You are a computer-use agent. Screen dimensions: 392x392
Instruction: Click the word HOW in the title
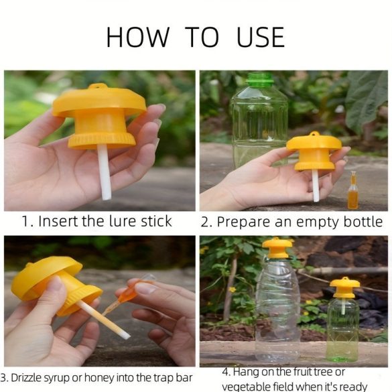pyautogui.click(x=138, y=37)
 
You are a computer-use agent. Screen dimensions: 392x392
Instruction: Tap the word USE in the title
pyautogui.click(x=260, y=37)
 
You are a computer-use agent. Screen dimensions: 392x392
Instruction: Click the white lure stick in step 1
pyautogui.click(x=104, y=172)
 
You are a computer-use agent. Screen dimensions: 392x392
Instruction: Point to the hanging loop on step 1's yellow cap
pyautogui.click(x=99, y=86)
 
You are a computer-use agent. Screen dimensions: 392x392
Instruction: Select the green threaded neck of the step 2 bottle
pyautogui.click(x=259, y=79)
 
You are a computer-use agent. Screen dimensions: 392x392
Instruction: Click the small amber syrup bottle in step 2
pyautogui.click(x=352, y=190)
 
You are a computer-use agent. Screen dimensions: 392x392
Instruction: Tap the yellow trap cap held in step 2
pyautogui.click(x=314, y=151)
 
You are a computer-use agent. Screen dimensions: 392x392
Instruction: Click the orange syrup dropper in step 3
pyautogui.click(x=127, y=294)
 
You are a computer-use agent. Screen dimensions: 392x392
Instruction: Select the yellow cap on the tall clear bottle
pyautogui.click(x=277, y=248)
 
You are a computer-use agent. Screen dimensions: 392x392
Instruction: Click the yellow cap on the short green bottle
pyautogui.click(x=344, y=287)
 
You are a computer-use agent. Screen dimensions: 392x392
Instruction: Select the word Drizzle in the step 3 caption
pyautogui.click(x=27, y=377)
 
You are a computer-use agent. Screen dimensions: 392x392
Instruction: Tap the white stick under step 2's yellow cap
pyautogui.click(x=316, y=186)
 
